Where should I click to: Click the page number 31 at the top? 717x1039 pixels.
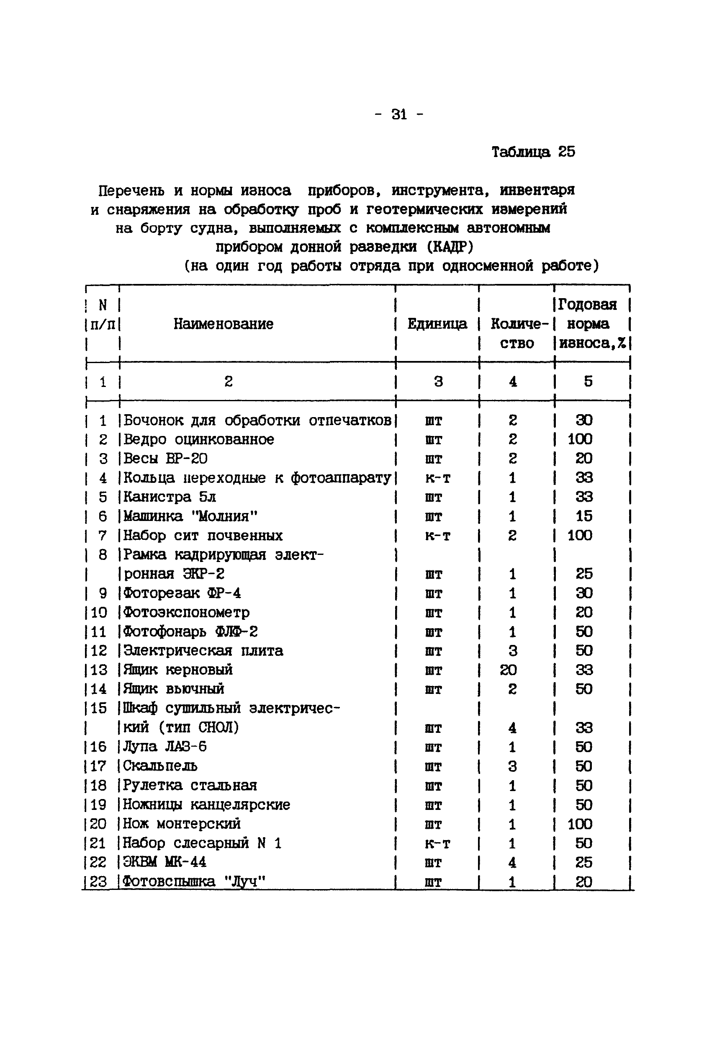(x=399, y=115)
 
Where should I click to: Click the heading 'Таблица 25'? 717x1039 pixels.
(x=533, y=152)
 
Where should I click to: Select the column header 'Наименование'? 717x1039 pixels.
(x=223, y=324)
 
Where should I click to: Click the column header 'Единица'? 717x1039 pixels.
(x=437, y=324)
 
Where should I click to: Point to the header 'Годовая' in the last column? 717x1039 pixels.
(x=587, y=305)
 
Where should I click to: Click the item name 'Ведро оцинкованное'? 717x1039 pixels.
(x=198, y=439)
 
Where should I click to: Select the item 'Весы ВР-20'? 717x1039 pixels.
(x=165, y=459)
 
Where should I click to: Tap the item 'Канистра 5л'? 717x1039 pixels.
(x=170, y=497)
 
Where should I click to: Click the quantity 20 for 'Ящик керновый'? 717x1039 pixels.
(x=508, y=670)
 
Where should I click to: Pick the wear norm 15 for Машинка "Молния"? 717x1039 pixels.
(x=583, y=516)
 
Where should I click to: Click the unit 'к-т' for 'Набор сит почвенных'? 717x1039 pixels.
(x=437, y=536)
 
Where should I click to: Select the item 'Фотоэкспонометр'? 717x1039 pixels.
(x=186, y=613)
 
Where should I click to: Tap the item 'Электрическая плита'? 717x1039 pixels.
(x=203, y=651)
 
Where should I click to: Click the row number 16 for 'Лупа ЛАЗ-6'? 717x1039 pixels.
(x=98, y=747)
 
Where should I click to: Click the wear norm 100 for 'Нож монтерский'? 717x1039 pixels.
(x=580, y=824)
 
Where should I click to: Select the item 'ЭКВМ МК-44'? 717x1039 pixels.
(x=164, y=862)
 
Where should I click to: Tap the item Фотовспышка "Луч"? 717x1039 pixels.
(x=194, y=881)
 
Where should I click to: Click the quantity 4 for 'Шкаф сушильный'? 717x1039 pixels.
(x=512, y=727)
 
